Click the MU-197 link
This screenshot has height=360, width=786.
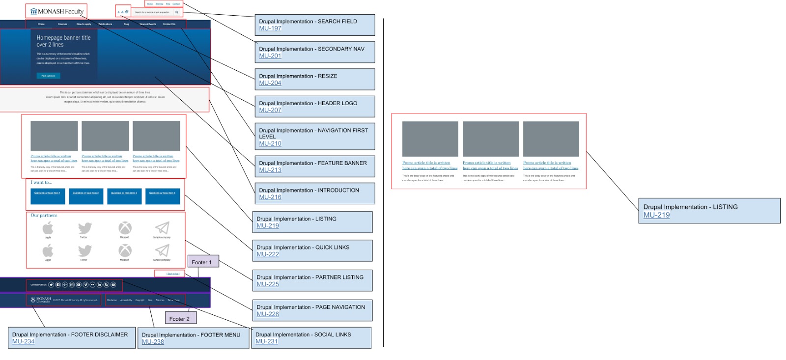(270, 28)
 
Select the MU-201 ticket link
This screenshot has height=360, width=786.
(270, 56)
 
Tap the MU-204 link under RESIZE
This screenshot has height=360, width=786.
(270, 83)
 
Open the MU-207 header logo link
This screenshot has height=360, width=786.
(270, 110)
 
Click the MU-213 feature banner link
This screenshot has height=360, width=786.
(270, 170)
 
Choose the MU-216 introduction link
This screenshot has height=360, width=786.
(270, 197)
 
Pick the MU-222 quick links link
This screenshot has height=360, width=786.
(268, 254)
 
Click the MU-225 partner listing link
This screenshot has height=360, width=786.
(268, 284)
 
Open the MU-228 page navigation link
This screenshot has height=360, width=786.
(268, 314)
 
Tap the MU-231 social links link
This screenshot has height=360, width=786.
(267, 341)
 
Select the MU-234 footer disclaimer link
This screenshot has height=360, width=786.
(24, 341)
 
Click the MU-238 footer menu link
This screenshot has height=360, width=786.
(153, 342)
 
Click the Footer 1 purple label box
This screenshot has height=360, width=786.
(202, 262)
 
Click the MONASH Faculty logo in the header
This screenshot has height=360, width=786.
(57, 11)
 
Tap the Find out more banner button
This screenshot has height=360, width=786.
(48, 76)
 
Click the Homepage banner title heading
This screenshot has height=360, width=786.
(63, 41)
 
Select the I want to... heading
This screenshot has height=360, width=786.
(41, 183)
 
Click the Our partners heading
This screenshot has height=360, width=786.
(44, 216)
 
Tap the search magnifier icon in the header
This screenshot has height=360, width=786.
(177, 12)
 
